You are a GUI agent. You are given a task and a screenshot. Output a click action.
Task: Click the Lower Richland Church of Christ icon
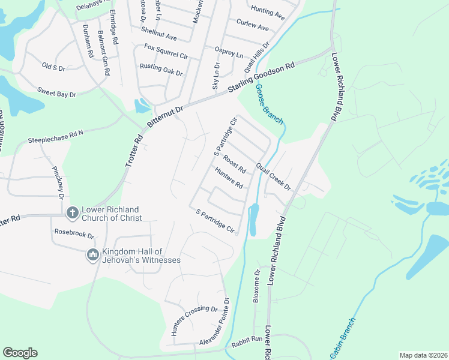click(71, 212)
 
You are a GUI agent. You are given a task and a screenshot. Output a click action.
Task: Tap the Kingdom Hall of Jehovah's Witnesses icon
click(92, 255)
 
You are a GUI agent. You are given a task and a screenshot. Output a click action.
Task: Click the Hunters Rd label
click(229, 178)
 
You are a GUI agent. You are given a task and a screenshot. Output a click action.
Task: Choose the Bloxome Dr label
click(256, 286)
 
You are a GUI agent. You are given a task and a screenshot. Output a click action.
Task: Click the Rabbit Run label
click(249, 338)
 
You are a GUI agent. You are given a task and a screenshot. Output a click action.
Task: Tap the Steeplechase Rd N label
click(55, 136)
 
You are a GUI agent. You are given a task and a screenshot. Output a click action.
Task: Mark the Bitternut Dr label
click(165, 115)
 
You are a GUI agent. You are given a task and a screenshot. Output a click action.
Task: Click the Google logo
click(20, 353)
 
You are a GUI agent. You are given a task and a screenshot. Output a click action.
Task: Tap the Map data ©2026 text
click(423, 355)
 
